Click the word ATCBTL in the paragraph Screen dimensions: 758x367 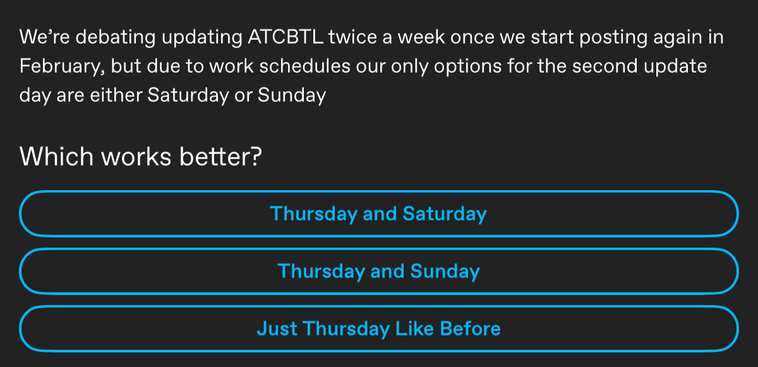286,37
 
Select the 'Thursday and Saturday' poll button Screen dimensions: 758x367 378,214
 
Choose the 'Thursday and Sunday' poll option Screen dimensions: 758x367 378,271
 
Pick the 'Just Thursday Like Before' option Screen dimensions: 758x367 378,328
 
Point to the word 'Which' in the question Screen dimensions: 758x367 56,156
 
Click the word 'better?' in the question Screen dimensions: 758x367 220,156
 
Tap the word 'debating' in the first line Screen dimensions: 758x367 116,37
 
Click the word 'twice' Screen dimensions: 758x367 352,37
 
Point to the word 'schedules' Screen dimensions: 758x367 304,66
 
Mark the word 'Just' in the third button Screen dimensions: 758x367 277,328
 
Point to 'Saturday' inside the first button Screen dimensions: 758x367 445,214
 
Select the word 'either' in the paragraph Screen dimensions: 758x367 116,95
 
